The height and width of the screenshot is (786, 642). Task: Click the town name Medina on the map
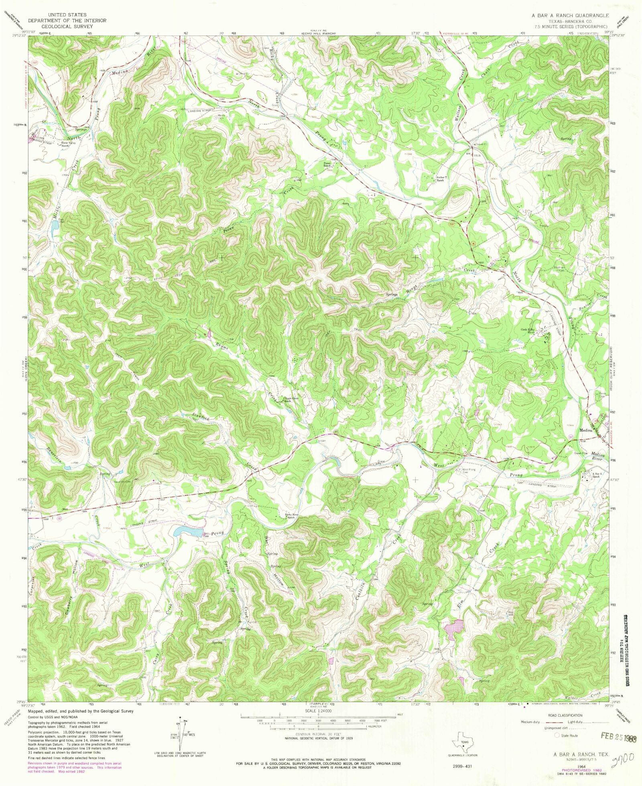click(x=586, y=431)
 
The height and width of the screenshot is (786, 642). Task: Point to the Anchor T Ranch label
click(x=440, y=179)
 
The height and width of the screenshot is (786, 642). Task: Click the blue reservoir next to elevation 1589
click(x=188, y=532)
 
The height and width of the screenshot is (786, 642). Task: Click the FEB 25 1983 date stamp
click(x=618, y=735)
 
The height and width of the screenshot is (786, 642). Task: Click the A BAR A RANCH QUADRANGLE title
click(x=570, y=15)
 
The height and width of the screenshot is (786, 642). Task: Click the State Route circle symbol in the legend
click(x=557, y=735)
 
